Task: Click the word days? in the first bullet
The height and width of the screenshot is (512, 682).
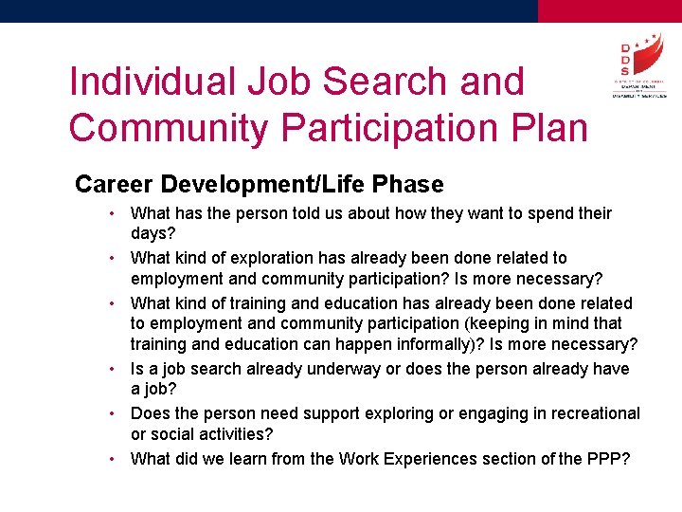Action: point(153,233)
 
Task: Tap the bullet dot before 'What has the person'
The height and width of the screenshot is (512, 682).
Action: point(112,213)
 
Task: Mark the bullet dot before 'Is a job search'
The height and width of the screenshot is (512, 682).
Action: point(112,369)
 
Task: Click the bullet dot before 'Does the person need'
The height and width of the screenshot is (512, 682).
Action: point(112,413)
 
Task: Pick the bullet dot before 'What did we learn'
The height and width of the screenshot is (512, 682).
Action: point(112,459)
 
